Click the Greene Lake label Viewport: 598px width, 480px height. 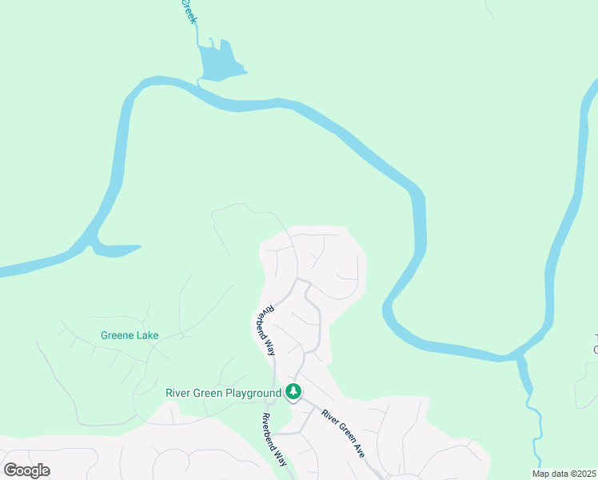130,335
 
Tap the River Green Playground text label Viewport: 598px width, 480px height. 223,393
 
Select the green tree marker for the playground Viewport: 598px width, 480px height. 294,392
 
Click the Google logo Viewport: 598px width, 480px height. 27,470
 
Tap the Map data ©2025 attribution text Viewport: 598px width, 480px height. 564,474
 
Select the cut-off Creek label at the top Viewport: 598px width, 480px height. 189,11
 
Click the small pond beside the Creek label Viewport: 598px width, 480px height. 217,64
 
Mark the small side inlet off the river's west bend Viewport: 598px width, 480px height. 116,250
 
